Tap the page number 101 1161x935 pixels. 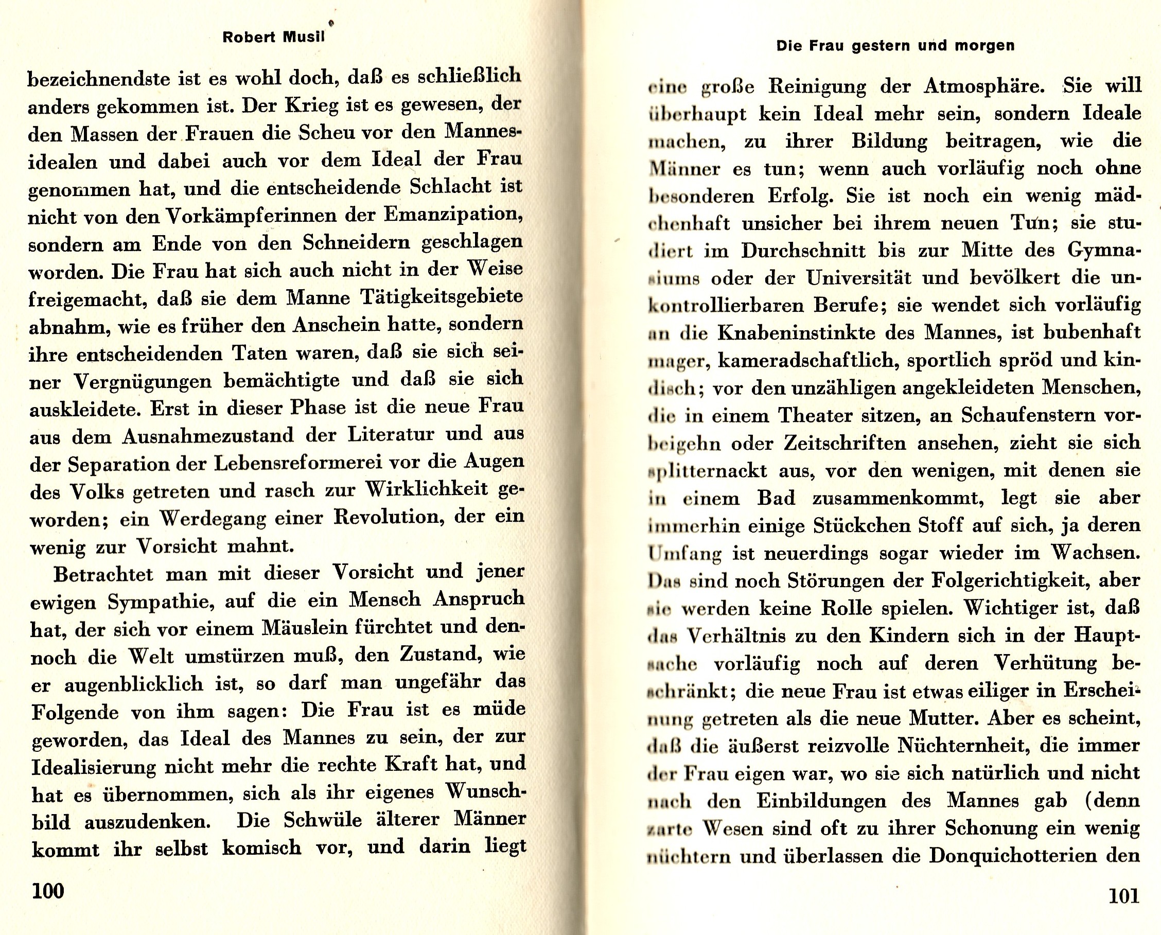click(1124, 896)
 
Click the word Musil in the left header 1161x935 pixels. click(303, 38)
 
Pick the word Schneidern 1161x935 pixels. click(358, 243)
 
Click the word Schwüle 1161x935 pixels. click(323, 820)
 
